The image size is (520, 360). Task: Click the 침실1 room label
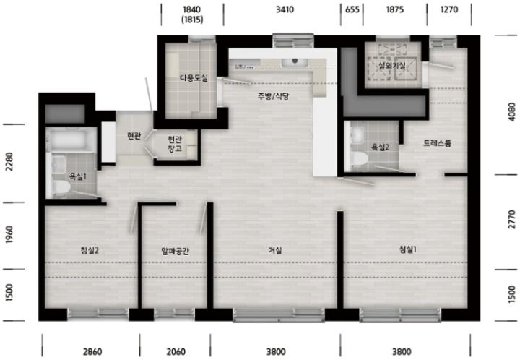click(407, 249)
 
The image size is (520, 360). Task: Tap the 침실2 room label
click(90, 251)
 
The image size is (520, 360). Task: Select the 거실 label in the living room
click(275, 251)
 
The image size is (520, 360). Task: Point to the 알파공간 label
click(175, 251)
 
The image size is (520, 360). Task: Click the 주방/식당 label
click(274, 96)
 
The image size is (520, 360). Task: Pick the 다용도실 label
click(194, 78)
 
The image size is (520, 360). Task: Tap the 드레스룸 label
click(437, 143)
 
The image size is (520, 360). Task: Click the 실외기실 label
click(392, 65)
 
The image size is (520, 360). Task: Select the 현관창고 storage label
click(175, 144)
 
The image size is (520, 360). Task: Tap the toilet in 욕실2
click(360, 158)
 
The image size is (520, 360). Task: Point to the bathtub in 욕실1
click(71, 140)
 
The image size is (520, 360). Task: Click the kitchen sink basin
click(295, 62)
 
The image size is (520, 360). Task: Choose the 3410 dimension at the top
click(285, 9)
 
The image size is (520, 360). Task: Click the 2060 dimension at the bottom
click(175, 351)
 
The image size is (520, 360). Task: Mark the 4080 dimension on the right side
click(512, 112)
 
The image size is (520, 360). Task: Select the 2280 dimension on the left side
click(9, 162)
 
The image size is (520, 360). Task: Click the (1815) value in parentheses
click(192, 20)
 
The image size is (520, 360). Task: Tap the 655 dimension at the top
click(352, 9)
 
